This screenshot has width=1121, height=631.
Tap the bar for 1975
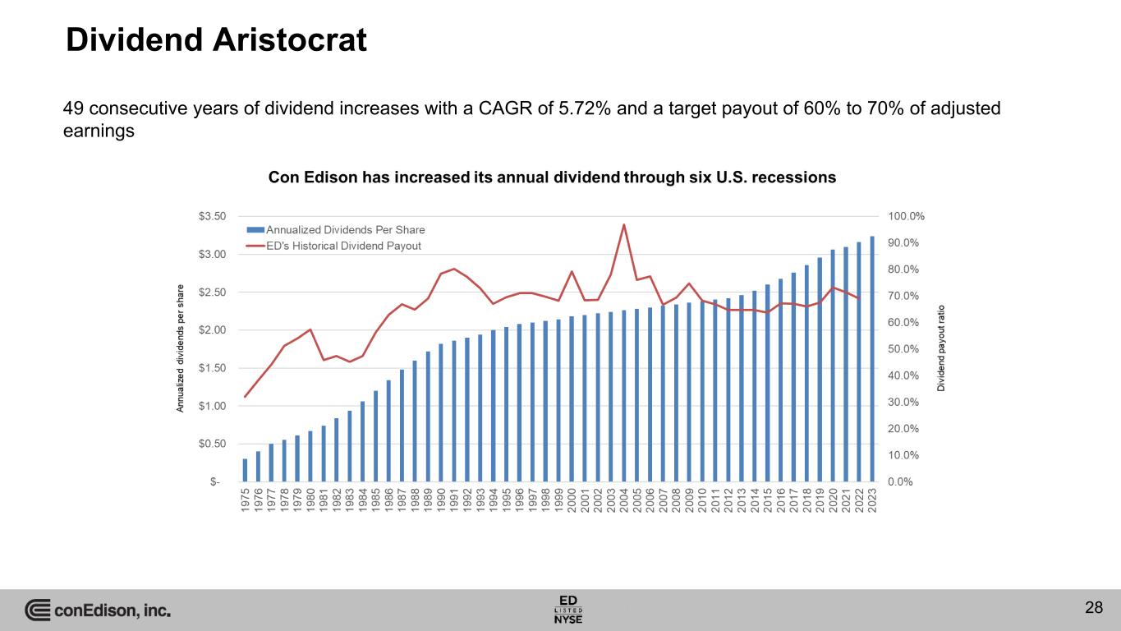[x=245, y=470]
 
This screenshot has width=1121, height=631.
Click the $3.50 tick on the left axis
[x=212, y=216]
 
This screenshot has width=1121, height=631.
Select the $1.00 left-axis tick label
[x=212, y=406]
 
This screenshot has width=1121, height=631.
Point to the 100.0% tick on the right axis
[x=906, y=216]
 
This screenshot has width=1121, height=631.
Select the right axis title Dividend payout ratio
[x=944, y=349]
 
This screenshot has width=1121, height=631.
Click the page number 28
[x=1093, y=608]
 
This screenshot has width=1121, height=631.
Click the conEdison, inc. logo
[x=98, y=610]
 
